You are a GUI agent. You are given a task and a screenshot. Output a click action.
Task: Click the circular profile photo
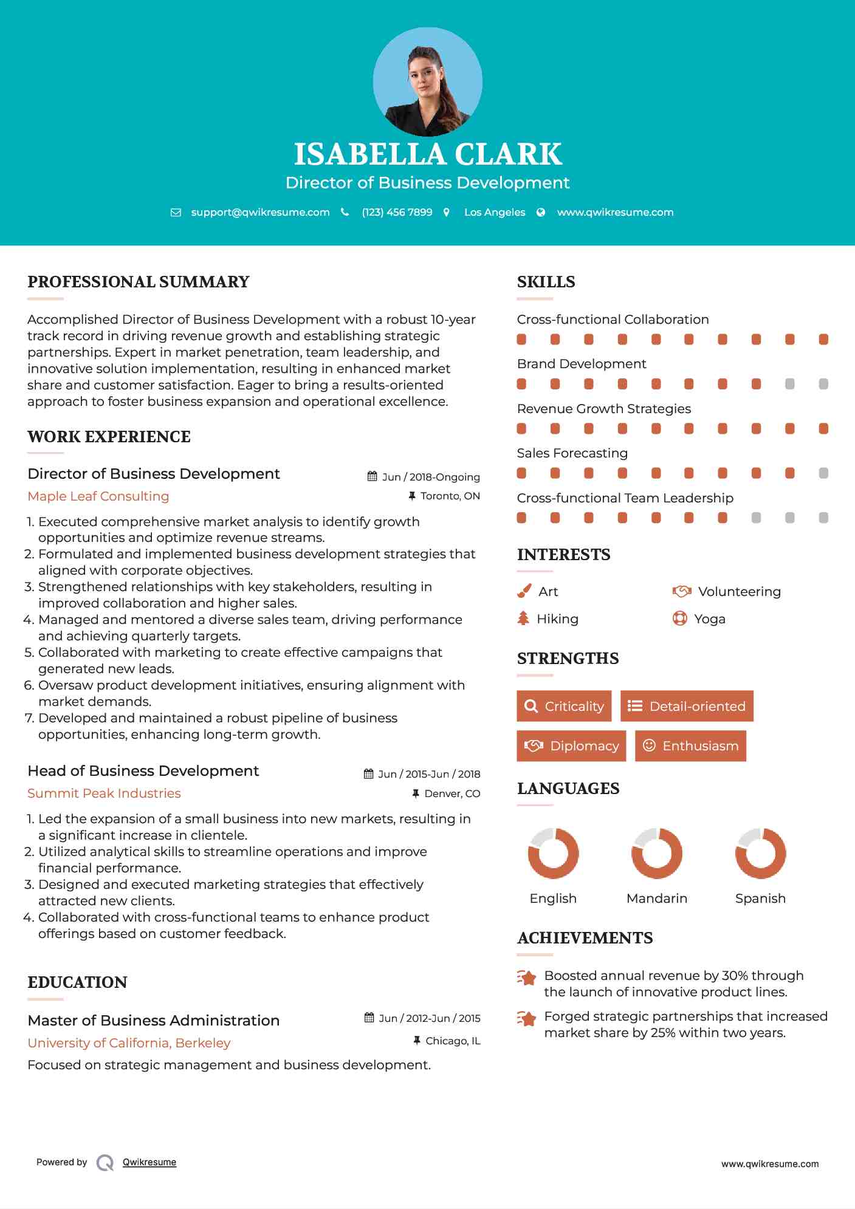tap(427, 82)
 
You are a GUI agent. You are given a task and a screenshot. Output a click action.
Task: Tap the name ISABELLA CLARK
tap(427, 154)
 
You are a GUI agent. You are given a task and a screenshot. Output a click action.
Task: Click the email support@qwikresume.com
tap(260, 213)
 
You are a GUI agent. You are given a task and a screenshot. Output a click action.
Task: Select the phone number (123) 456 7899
tap(397, 213)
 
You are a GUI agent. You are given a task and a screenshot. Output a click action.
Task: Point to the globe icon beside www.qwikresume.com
tap(541, 213)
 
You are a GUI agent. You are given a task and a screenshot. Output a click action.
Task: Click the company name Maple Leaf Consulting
tap(98, 496)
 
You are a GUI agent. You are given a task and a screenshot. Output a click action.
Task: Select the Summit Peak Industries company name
tap(104, 793)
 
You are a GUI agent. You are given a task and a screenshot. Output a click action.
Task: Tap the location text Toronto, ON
tap(450, 496)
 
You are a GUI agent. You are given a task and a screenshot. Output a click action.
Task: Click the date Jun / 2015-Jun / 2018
tap(428, 774)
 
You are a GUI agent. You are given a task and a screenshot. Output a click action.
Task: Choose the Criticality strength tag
tap(564, 706)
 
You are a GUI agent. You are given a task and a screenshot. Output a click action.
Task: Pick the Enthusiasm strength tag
tap(690, 746)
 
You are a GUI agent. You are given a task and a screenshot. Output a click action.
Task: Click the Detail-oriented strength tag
tap(687, 706)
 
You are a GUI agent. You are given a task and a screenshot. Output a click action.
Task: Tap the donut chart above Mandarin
tap(657, 853)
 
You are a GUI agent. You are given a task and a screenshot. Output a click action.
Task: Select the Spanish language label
tap(760, 899)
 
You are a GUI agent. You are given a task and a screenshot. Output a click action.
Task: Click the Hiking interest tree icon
tap(523, 618)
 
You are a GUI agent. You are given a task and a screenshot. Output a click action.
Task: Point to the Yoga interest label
tap(710, 619)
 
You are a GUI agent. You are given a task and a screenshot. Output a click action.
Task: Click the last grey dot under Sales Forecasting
tap(823, 473)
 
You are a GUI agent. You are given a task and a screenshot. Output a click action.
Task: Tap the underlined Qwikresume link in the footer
tap(149, 1162)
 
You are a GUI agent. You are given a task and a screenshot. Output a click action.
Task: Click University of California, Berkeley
tap(129, 1043)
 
